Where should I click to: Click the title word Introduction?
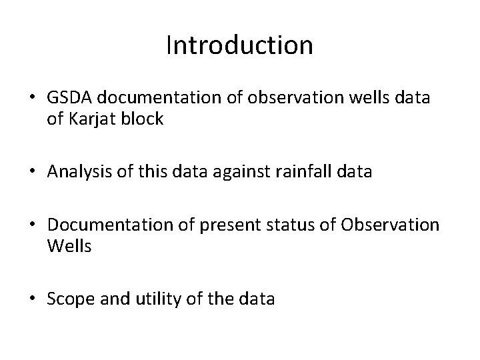point(239,46)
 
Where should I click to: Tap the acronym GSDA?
point(69,98)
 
